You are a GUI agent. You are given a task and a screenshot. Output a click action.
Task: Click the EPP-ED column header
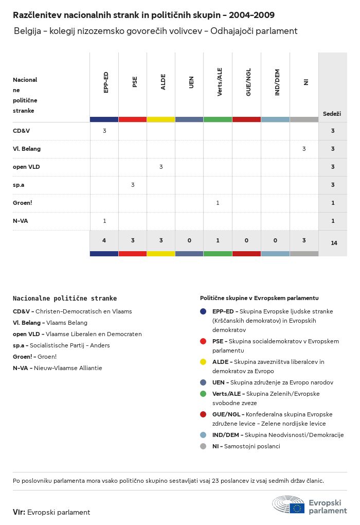coord(105,82)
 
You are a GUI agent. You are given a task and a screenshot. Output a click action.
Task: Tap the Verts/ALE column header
coord(220,82)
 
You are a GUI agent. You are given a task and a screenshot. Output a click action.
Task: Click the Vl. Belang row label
coord(27,149)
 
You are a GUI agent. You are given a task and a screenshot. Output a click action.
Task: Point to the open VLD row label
coord(26,167)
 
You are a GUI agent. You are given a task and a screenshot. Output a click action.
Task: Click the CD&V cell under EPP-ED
coord(104,131)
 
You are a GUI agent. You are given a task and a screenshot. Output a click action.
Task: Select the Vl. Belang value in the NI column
coord(304,149)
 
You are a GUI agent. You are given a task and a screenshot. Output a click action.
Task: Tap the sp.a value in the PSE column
coord(133,185)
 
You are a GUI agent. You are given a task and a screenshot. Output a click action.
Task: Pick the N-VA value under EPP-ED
coord(104,221)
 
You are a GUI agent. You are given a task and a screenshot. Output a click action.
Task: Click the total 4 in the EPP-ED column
coord(104,240)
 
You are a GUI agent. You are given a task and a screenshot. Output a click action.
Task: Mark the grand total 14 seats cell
coord(334,243)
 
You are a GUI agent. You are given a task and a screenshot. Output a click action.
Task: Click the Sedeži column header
coord(332,114)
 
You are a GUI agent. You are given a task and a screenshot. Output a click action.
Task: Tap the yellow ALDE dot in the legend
coord(203,362)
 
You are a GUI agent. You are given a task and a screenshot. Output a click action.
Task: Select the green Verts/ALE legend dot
coord(203,394)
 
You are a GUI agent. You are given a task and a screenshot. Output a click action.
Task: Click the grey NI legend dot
coord(203,446)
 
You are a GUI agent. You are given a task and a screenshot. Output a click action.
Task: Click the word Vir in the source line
coord(19,512)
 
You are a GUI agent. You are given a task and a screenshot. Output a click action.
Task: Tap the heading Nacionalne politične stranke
coord(65,298)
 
